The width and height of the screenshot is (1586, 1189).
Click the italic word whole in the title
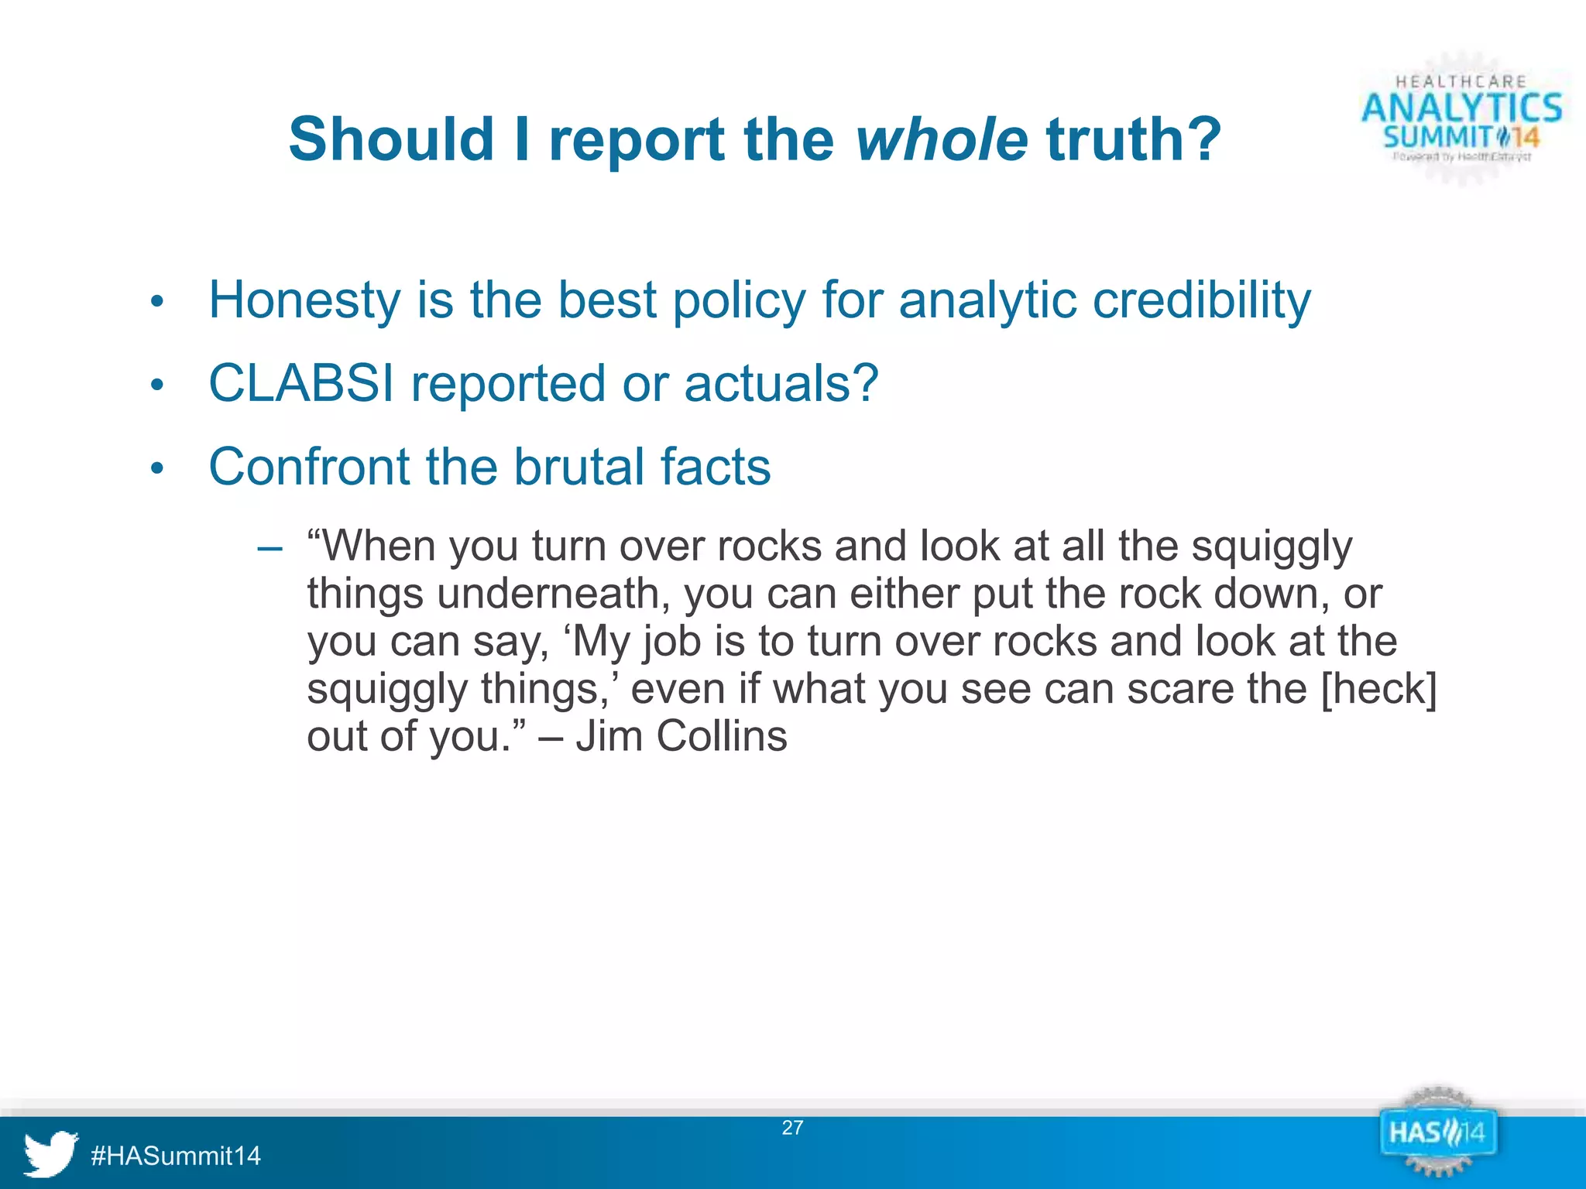click(x=942, y=140)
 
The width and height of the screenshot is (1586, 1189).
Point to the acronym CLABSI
click(x=301, y=383)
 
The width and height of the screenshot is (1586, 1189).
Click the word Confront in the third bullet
click(x=308, y=467)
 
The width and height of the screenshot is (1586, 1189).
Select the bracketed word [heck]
click(x=1378, y=688)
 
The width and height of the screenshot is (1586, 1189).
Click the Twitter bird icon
click(x=50, y=1153)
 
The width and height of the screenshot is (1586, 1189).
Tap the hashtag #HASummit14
click(x=176, y=1156)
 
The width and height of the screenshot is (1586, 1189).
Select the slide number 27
click(x=792, y=1128)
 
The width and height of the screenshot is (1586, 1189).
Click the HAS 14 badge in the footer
click(x=1437, y=1134)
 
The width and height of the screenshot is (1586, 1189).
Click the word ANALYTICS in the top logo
click(x=1461, y=108)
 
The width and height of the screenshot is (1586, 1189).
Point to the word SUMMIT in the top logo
click(x=1437, y=138)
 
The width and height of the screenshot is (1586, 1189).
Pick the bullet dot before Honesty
click(x=157, y=302)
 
